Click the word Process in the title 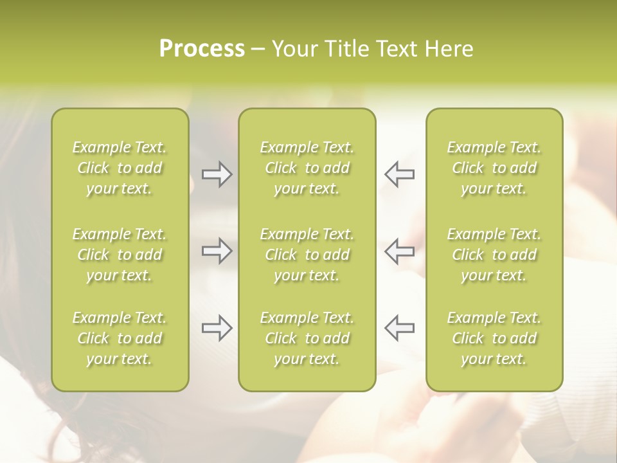tap(202, 49)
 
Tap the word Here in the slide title tap(449, 49)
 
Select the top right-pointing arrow tap(217, 174)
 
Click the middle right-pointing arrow tap(217, 251)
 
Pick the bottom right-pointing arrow tap(217, 327)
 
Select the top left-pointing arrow tap(399, 174)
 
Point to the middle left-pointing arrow tap(399, 251)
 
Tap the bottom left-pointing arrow tap(399, 327)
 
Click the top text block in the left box tap(120, 168)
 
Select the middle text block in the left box tap(120, 255)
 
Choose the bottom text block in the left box tap(120, 338)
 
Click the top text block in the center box tap(307, 168)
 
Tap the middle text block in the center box tap(307, 255)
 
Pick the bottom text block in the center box tap(307, 338)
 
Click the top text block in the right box tap(494, 168)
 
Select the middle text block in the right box tap(494, 255)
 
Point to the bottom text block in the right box tap(494, 338)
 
